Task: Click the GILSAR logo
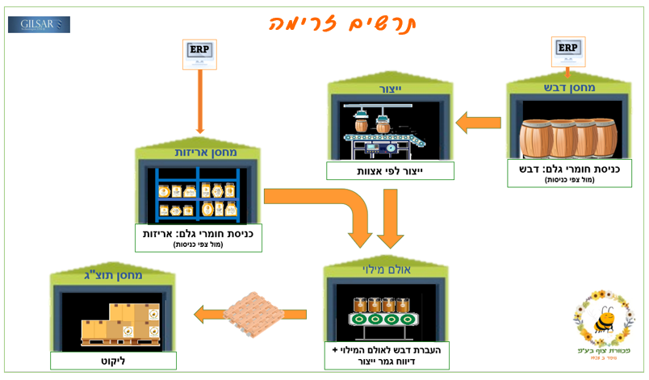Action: (x=40, y=24)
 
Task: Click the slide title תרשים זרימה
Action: (x=347, y=22)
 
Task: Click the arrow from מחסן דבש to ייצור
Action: (x=478, y=123)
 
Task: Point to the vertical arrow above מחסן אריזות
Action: (x=199, y=100)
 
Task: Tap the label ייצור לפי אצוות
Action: (x=391, y=171)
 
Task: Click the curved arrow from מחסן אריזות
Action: (x=323, y=206)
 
